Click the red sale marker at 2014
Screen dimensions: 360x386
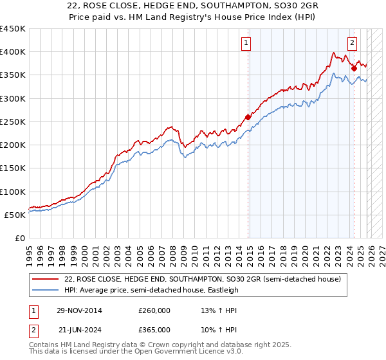248,117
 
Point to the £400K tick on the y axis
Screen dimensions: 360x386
13,52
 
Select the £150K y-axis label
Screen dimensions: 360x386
13,168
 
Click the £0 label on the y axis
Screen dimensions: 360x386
19,239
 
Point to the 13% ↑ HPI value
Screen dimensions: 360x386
212,310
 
